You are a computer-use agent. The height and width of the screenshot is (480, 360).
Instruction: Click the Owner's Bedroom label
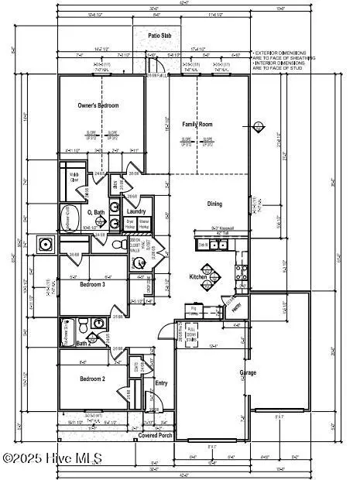tap(97, 105)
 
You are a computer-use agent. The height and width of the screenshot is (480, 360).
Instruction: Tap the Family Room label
tap(197, 124)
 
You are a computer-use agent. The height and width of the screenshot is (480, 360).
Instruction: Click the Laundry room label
tap(136, 211)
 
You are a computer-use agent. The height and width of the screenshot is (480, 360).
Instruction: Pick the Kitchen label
tap(198, 276)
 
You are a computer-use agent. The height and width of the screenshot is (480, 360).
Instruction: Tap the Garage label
tap(247, 372)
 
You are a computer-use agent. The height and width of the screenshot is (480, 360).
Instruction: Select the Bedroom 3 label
tap(94, 284)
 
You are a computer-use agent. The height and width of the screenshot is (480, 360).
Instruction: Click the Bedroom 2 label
tap(93, 379)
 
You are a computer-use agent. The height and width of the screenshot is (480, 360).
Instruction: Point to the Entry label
tap(161, 382)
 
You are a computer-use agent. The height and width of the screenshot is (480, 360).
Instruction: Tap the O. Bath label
tap(96, 212)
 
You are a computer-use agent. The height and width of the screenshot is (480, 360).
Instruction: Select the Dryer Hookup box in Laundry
tap(131, 224)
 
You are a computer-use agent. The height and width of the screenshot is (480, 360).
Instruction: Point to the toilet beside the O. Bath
tap(117, 244)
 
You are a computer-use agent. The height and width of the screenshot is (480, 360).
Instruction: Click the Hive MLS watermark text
tap(53, 458)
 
